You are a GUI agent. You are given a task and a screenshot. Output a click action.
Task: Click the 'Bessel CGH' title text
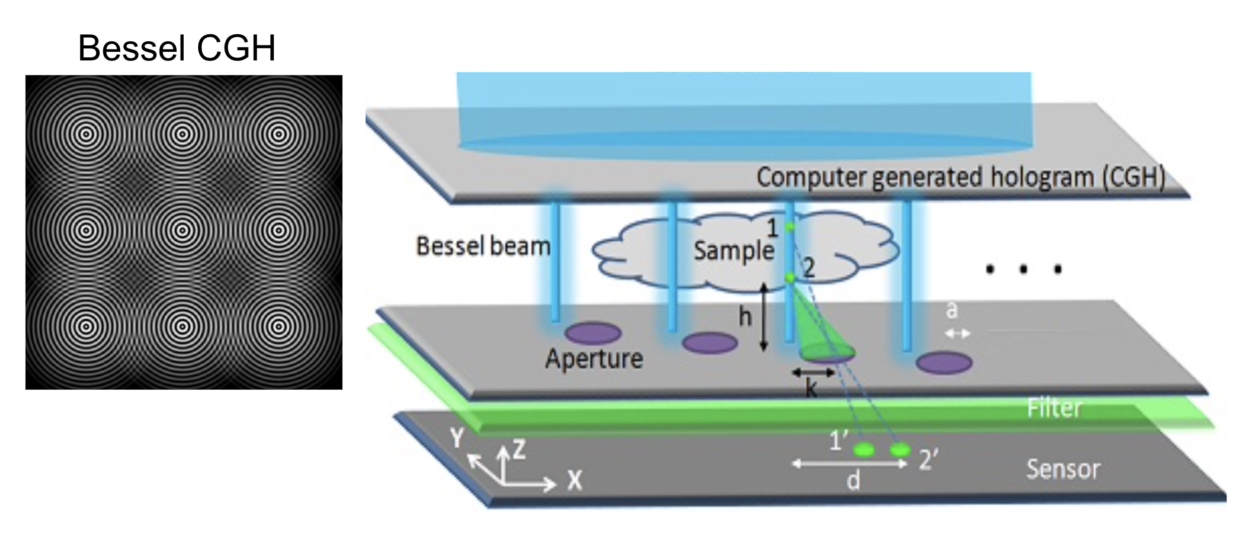coord(177,48)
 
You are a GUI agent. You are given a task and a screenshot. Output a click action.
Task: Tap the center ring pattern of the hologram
coord(183,231)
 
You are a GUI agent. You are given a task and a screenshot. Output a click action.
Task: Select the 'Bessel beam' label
coord(483,246)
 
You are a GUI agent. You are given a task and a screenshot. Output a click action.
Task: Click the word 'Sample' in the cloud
coord(734,250)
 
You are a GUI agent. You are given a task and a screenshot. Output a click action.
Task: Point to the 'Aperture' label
coord(594,359)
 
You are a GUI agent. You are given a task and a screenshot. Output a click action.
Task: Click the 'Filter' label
coord(1054,408)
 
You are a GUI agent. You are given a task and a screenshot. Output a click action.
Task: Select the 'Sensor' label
coord(1063,469)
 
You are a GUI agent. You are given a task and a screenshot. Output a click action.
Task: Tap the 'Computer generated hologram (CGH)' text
coord(961,178)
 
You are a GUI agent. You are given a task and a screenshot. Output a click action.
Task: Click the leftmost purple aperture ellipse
coord(593,333)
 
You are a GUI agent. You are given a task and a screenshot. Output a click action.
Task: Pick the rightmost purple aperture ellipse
coord(944,363)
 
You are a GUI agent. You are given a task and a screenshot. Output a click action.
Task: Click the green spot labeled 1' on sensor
coord(864,450)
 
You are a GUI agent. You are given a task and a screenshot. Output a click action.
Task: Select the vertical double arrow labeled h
coord(763,317)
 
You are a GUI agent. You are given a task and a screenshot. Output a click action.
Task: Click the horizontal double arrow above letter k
coord(813,373)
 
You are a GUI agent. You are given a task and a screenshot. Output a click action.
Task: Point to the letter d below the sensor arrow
coord(853,481)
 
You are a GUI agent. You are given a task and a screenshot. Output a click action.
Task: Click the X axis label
coord(575,480)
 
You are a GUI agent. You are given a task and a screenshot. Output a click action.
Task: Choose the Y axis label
coord(456,438)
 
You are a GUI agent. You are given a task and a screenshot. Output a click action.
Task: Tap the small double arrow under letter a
coord(957,333)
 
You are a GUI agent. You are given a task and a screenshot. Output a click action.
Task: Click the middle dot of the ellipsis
coord(1023,270)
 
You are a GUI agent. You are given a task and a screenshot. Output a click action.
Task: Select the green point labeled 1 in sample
coord(790,228)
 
